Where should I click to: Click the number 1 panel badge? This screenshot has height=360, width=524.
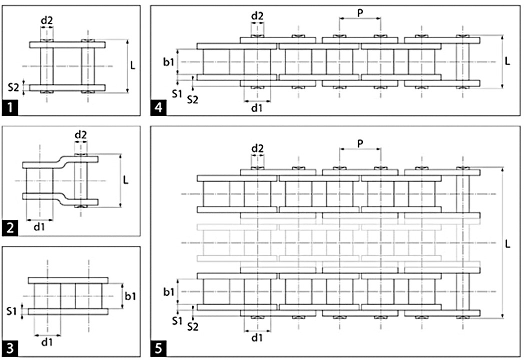pos(10,108)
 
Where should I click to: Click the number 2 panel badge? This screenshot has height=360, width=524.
pos(10,228)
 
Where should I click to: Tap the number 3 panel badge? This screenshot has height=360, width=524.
pos(10,348)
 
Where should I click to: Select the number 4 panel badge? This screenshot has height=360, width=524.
pos(158,108)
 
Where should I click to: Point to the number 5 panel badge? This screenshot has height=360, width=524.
pos(158,348)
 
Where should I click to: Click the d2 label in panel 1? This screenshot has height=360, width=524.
pos(47,20)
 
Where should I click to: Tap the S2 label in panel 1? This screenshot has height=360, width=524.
pos(13,87)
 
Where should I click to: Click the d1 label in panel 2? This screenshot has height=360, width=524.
pos(39,227)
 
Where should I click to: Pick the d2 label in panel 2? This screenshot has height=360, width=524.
pos(80,134)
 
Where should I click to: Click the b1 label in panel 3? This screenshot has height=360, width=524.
pos(130,296)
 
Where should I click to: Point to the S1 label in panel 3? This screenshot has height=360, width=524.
pos(11,311)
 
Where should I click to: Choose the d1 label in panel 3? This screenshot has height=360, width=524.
pos(47,342)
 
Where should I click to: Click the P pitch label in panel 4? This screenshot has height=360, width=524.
pos(360,12)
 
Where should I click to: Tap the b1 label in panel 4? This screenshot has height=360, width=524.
pos(169,62)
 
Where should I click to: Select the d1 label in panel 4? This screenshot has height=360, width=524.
pos(256,108)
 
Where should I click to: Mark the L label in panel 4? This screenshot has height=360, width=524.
pos(507,61)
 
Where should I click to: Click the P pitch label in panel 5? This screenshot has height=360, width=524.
pos(360,143)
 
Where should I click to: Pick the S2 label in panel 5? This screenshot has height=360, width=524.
pos(192,326)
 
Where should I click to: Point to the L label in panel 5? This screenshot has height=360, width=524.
pos(507,244)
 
